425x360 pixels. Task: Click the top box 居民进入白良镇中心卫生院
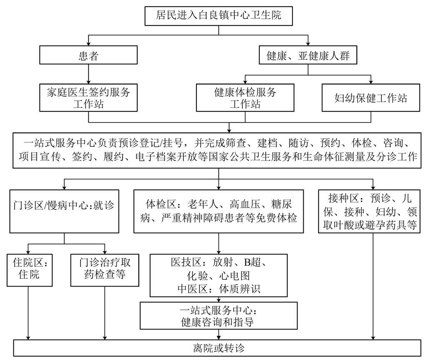[219, 16]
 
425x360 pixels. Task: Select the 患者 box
[88, 55]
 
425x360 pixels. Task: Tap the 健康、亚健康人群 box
[308, 55]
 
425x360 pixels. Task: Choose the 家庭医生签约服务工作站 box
[88, 98]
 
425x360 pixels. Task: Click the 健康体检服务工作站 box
[245, 98]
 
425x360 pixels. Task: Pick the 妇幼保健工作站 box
[371, 98]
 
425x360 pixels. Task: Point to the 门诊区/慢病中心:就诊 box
[64, 210]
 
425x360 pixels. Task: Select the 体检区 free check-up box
[219, 210]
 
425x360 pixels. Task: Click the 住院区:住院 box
[29, 269]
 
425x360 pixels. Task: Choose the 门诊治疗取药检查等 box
[105, 269]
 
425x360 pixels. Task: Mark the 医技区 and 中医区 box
[219, 275]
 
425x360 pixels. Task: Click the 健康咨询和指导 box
[219, 315]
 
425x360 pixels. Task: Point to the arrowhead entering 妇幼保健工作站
[371, 81]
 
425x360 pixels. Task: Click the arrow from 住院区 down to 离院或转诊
[29, 313]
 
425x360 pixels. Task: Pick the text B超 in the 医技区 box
[252, 262]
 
